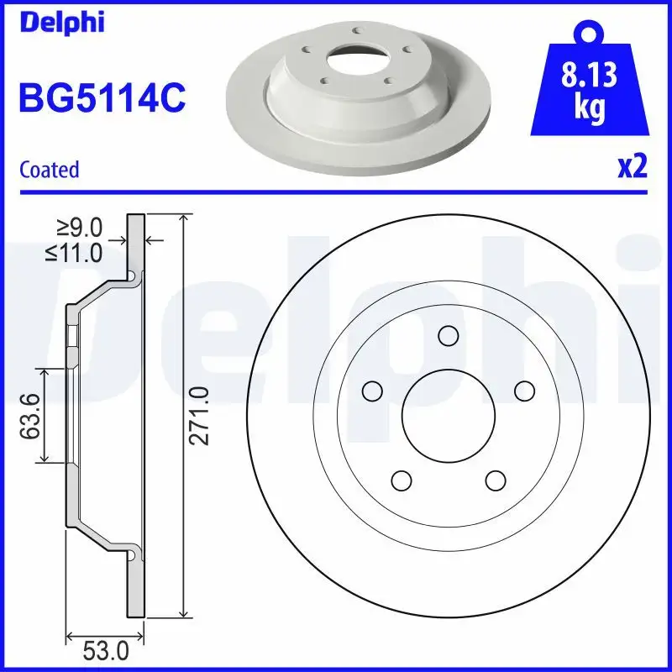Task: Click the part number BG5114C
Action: click(x=102, y=98)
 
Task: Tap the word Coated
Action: click(x=49, y=170)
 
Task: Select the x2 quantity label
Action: click(x=633, y=167)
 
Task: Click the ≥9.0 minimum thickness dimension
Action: click(x=80, y=227)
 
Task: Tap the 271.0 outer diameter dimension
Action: click(x=197, y=416)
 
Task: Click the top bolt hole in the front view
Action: click(x=448, y=336)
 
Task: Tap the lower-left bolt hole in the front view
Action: click(x=401, y=480)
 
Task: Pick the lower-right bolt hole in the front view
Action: click(x=496, y=480)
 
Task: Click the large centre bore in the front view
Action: click(x=448, y=416)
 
